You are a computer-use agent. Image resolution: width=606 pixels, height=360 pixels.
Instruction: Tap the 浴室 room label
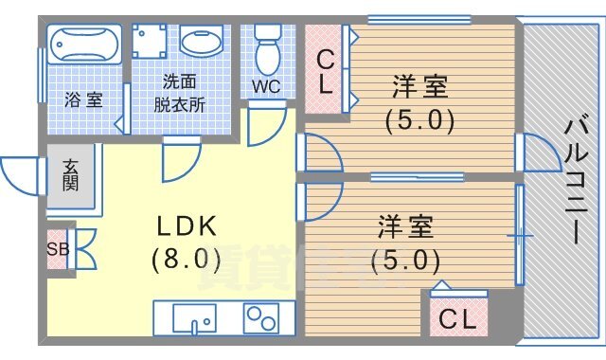point(83,98)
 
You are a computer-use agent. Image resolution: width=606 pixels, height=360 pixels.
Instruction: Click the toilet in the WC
point(268,49)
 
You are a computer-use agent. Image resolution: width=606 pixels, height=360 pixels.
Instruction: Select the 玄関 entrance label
point(72,174)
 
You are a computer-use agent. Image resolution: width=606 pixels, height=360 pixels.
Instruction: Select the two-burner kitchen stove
point(266,318)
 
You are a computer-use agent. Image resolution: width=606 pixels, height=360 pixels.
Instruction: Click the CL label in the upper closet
point(325,71)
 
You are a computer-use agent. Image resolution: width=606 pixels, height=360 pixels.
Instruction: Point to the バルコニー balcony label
point(574,180)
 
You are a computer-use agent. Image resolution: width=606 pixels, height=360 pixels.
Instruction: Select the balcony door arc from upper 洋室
point(540,154)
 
